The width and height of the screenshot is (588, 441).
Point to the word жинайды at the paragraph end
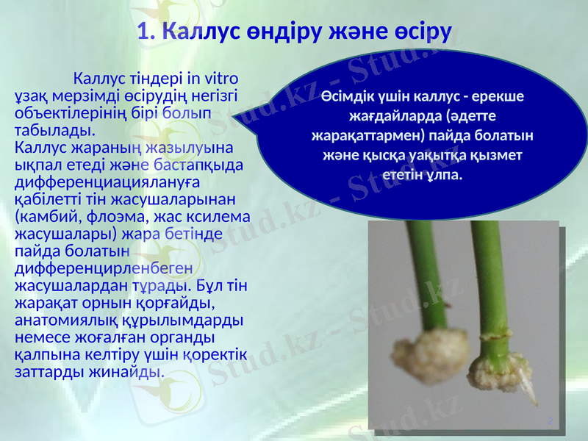131,370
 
